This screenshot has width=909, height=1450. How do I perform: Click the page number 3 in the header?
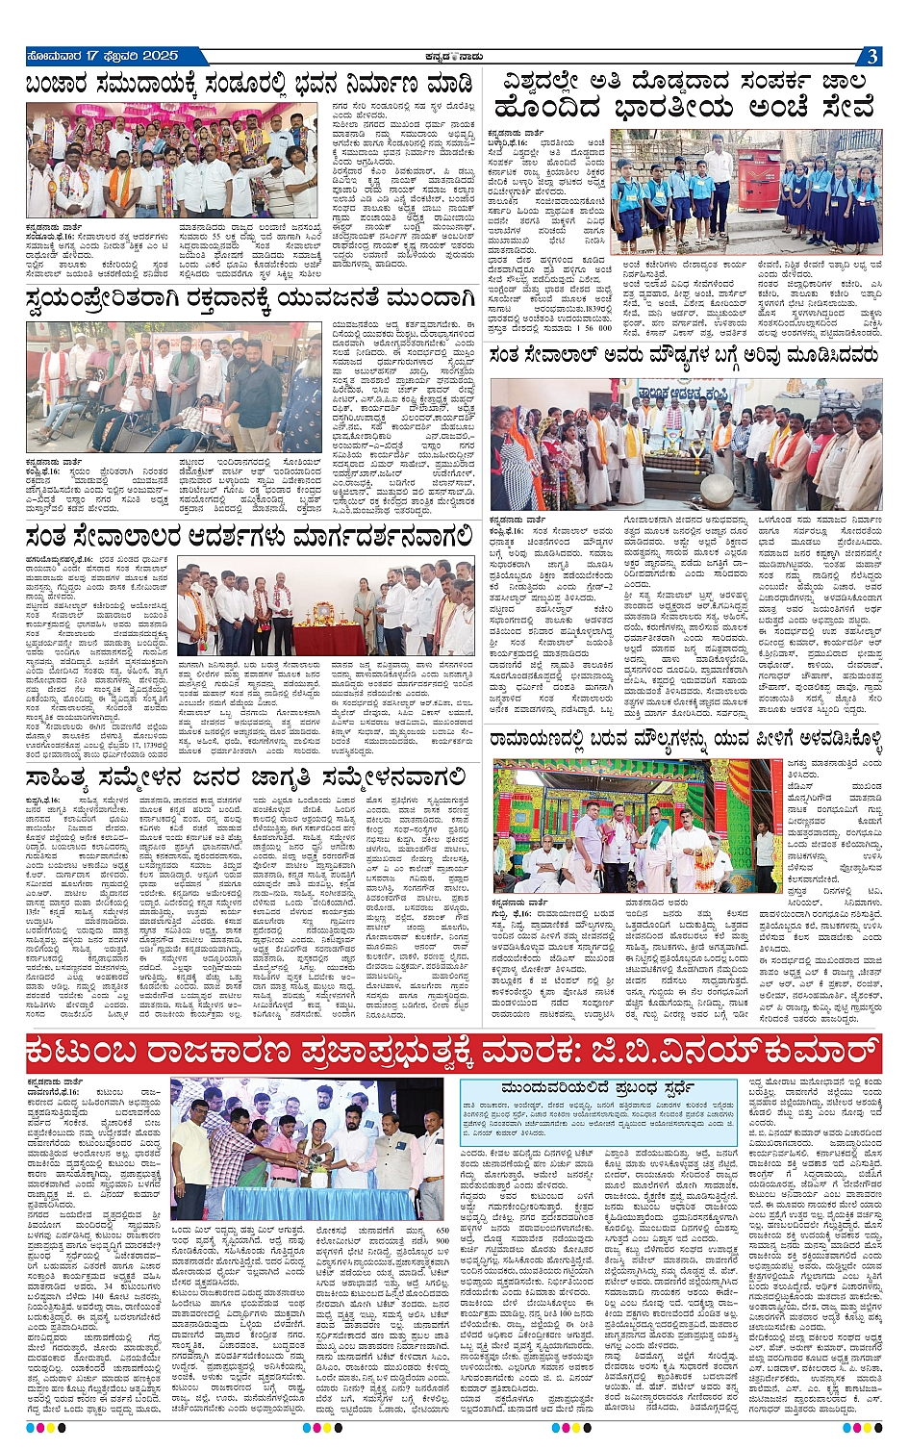point(871,57)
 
